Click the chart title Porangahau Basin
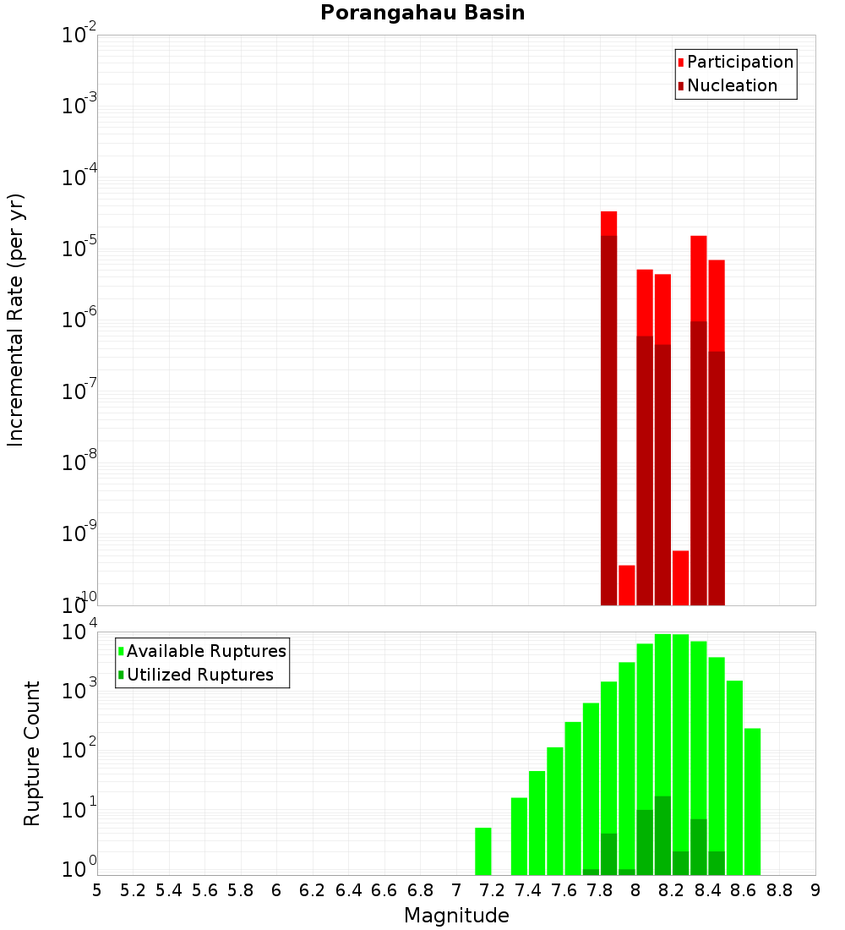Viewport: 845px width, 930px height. point(422,13)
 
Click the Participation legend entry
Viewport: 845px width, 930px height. point(739,62)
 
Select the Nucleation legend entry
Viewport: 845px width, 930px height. point(731,85)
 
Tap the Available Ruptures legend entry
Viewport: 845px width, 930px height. point(205,651)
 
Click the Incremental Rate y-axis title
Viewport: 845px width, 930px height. point(16,320)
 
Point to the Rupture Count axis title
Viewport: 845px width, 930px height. point(32,753)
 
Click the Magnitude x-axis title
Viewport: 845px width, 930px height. point(456,916)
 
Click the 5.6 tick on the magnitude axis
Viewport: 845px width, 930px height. point(204,890)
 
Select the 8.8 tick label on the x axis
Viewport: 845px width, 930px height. point(779,890)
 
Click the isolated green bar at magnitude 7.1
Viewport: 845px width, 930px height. point(482,851)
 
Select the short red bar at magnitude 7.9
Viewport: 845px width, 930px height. point(626,585)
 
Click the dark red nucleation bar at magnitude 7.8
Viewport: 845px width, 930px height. point(608,423)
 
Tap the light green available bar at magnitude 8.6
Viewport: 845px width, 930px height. point(734,778)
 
